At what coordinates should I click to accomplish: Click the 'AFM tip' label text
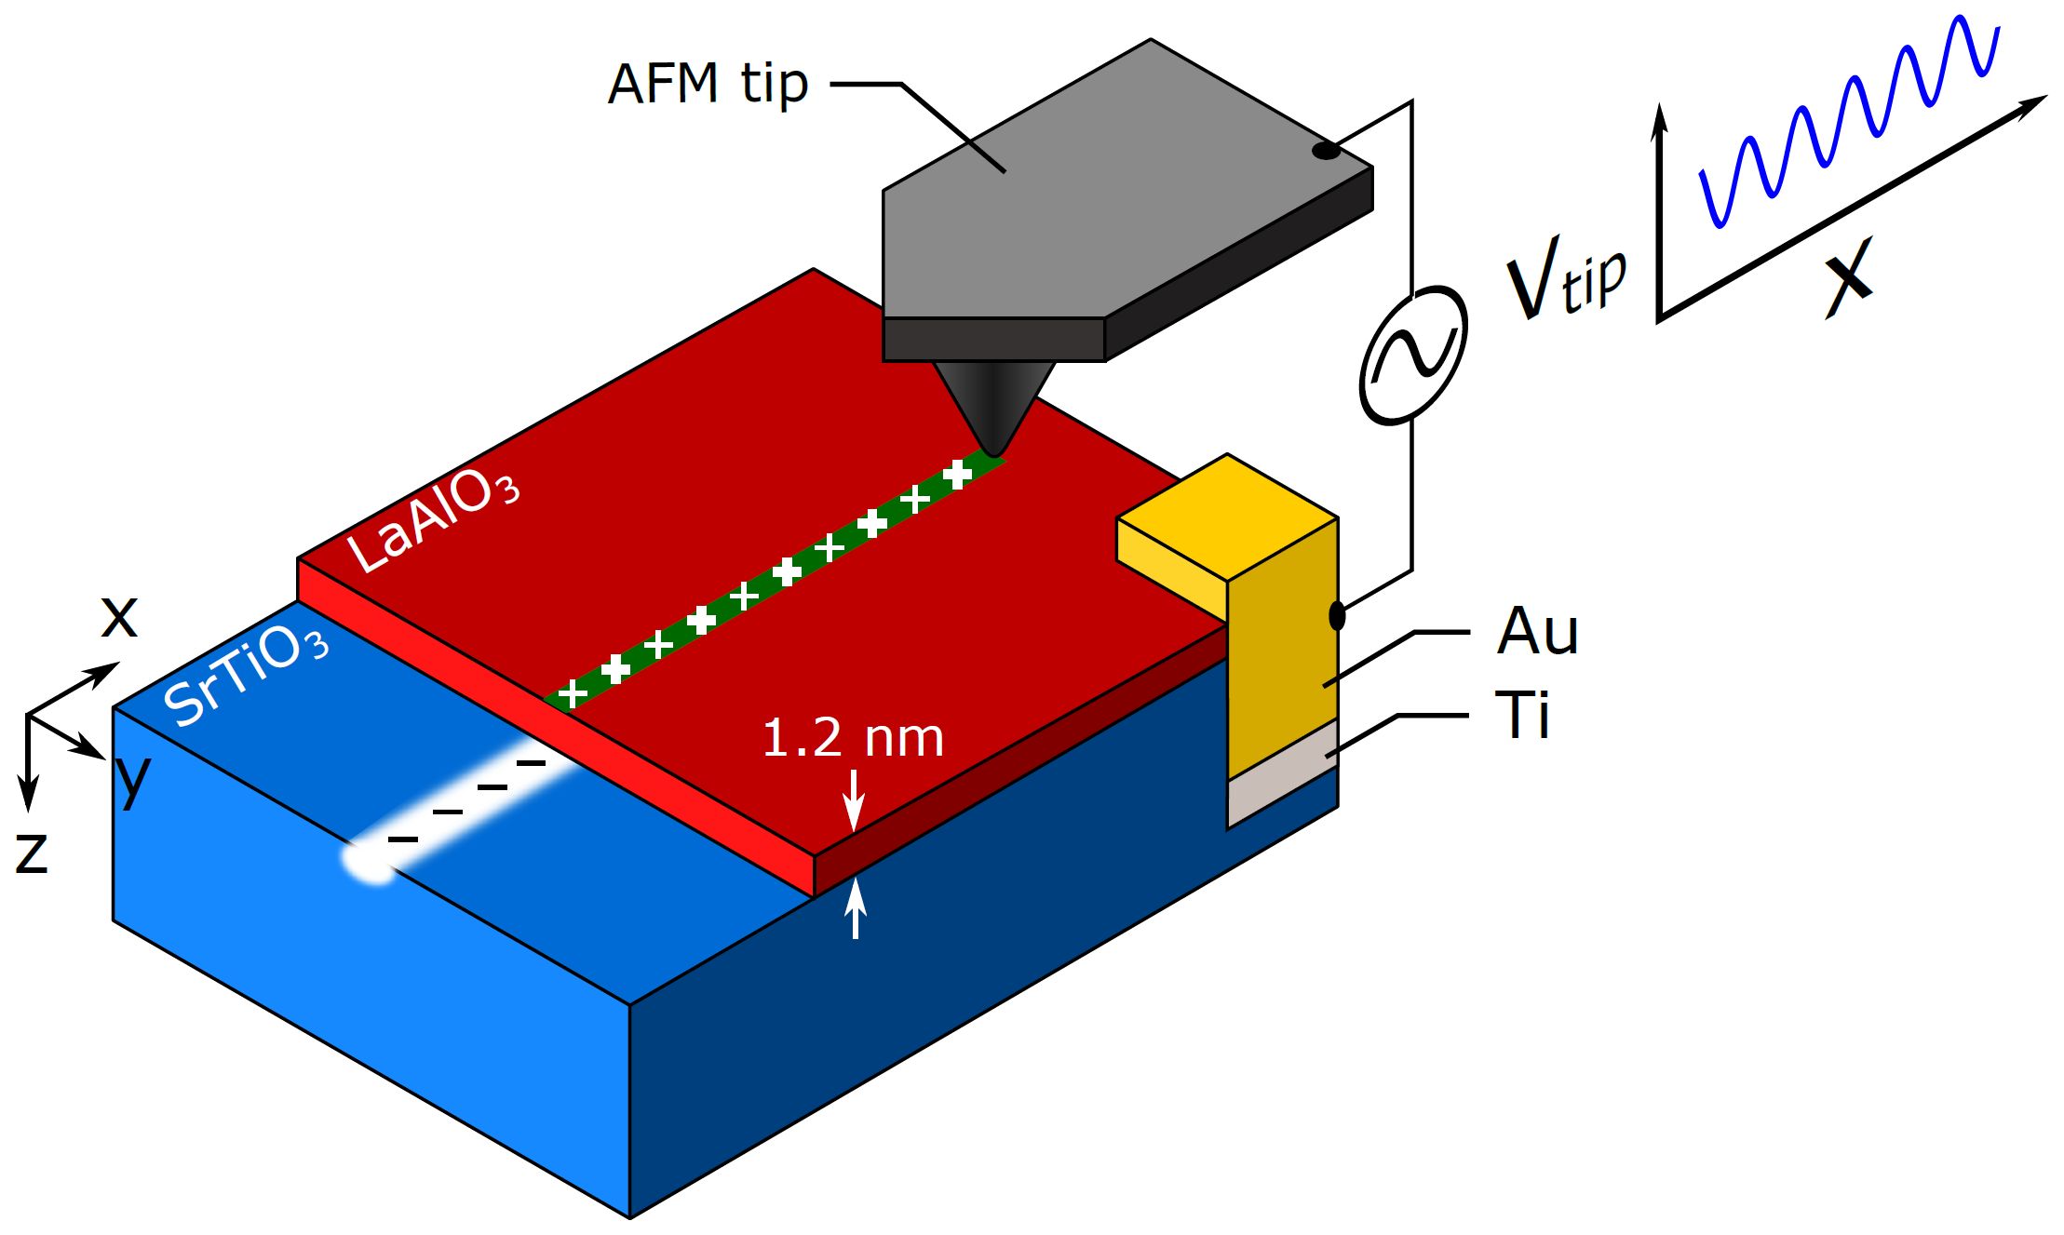point(708,84)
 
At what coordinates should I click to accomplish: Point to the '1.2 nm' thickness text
point(852,738)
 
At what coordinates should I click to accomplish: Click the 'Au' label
point(1537,632)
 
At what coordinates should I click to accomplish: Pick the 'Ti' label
point(1522,715)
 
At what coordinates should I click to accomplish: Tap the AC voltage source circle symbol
point(1413,355)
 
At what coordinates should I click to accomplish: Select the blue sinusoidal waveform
point(1848,121)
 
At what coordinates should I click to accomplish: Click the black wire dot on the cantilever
point(1326,151)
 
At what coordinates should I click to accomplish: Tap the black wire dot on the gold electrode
point(1337,615)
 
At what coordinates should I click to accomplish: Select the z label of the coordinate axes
point(32,852)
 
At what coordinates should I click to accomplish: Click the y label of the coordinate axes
point(132,777)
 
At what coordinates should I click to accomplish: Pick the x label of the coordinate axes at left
point(119,617)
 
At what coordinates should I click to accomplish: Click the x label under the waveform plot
point(1848,277)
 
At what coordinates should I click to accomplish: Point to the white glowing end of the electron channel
point(371,861)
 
